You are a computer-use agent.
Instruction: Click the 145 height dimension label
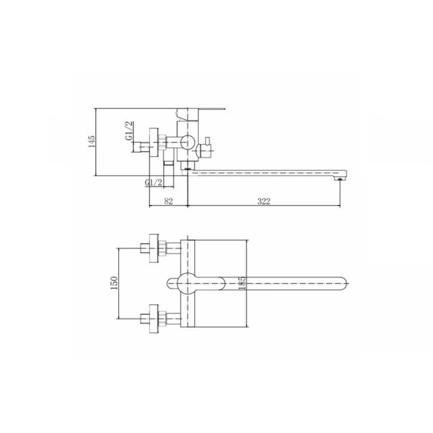92,141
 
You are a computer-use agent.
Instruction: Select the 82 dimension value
168,201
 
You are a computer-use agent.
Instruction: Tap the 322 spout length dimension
264,201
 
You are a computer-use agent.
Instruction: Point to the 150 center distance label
114,283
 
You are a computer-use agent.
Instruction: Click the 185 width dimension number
242,283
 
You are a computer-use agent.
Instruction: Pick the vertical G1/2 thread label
129,130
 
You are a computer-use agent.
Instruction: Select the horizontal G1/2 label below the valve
153,182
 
